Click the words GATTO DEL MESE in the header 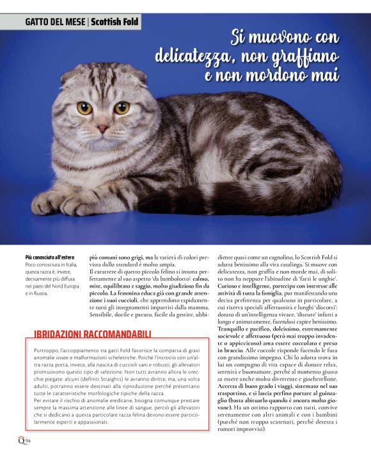tap(56, 22)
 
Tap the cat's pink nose tap(102, 128)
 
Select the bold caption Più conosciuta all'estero tap(49, 257)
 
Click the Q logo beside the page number tap(20, 439)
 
